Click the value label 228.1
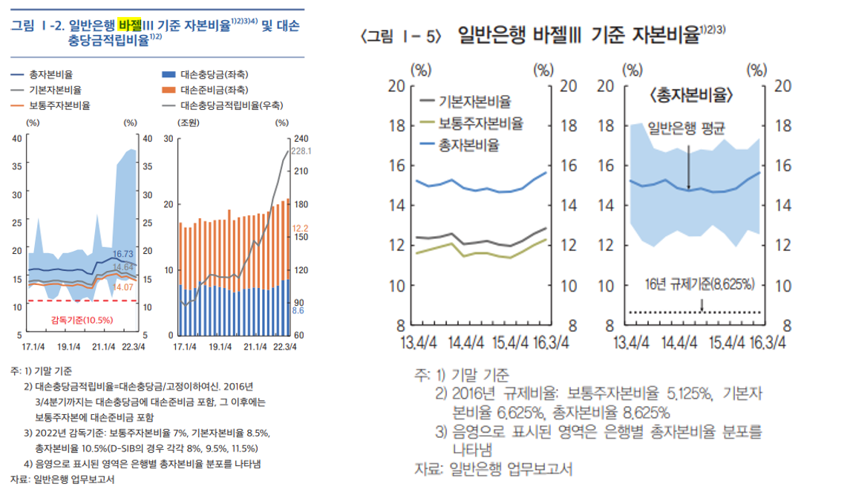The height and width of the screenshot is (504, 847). pos(301,151)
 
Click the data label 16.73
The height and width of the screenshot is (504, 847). pos(122,254)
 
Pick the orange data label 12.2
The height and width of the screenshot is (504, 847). pos(300,228)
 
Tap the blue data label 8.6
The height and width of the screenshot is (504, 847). pos(298,312)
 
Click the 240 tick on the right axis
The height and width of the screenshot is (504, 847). pos(301,138)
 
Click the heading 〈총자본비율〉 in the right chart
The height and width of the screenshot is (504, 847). pos(690,95)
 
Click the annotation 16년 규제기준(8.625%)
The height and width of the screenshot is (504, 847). pos(699,284)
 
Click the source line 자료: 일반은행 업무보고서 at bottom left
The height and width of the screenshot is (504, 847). pos(62,480)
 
